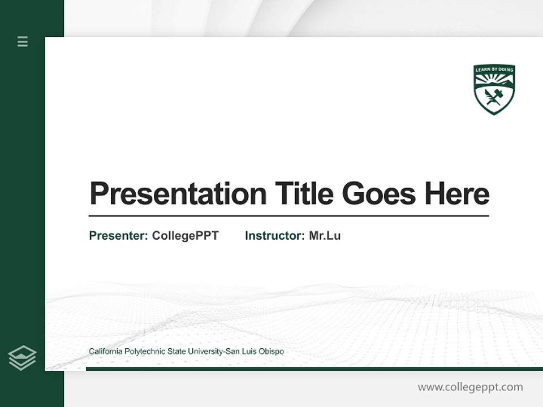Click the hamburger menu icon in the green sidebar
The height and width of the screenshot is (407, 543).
click(23, 41)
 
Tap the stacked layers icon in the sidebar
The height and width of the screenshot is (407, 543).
click(22, 358)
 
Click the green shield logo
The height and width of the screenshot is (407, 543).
click(494, 89)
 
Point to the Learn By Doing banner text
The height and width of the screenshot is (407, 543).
click(494, 70)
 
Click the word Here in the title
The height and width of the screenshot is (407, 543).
click(457, 194)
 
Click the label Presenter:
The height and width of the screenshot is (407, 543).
click(118, 236)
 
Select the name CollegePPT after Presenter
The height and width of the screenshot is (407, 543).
click(185, 236)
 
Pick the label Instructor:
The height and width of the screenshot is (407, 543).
click(274, 236)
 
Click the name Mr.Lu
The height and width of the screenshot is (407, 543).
click(325, 236)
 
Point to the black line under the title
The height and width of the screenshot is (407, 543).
click(288, 216)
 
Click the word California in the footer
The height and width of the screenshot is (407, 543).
click(105, 352)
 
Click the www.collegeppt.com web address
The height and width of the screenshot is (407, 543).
click(470, 387)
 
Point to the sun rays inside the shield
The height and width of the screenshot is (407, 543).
click(494, 79)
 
